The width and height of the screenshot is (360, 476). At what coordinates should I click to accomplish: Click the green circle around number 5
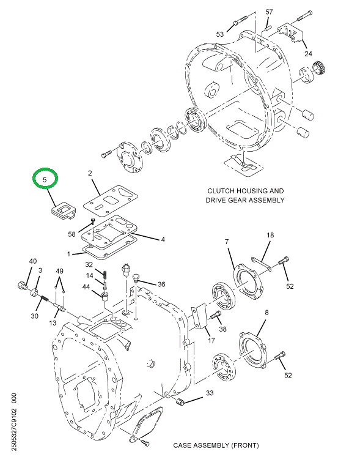click(45, 179)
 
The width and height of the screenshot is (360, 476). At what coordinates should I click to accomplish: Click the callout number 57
click(270, 12)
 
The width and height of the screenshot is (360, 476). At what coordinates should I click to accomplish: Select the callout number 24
click(308, 53)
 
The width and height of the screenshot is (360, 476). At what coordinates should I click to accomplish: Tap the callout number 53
click(220, 34)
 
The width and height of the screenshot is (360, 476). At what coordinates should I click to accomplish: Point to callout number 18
click(270, 236)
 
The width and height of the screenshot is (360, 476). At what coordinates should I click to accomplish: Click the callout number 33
click(209, 393)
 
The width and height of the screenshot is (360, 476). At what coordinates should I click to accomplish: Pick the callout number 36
click(161, 284)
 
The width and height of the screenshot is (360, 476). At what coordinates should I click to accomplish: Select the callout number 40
click(33, 261)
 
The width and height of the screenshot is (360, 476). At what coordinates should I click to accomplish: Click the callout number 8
click(266, 313)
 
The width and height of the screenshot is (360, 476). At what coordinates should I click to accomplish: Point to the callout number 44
click(87, 288)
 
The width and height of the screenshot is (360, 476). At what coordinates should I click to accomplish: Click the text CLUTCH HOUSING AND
click(245, 191)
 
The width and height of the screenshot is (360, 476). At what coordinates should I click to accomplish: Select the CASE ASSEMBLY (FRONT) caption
click(216, 445)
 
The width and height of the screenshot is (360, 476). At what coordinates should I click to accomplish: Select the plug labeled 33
click(181, 401)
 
